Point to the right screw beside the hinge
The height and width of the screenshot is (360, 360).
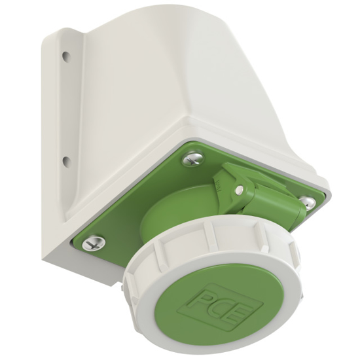point(305,201)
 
